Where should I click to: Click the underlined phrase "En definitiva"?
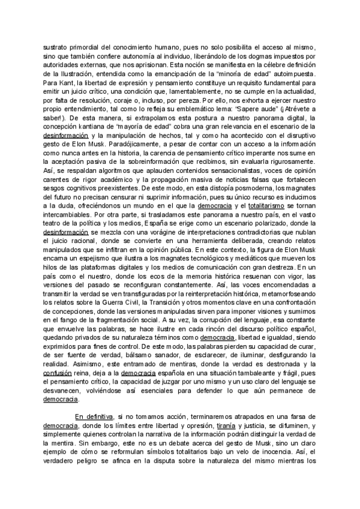(94, 416)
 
